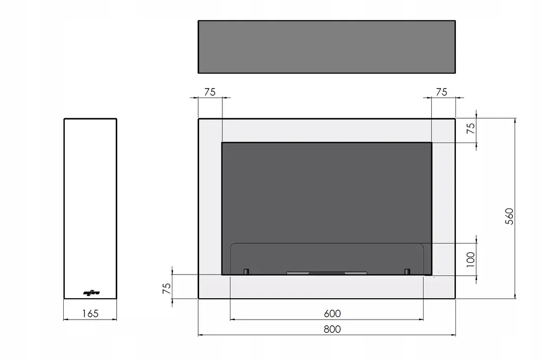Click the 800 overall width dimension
(332, 329)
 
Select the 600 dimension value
(332, 314)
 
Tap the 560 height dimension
(509, 216)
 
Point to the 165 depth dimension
(90, 313)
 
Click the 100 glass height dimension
(471, 259)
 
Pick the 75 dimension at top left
(210, 92)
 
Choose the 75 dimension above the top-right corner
(441, 92)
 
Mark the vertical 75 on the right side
(471, 128)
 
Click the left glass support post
(246, 272)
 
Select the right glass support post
(407, 272)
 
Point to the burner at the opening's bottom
(327, 273)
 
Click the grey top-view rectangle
(327, 47)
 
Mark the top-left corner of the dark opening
(222, 143)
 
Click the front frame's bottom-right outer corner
(455, 298)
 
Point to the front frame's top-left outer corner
(199, 119)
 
